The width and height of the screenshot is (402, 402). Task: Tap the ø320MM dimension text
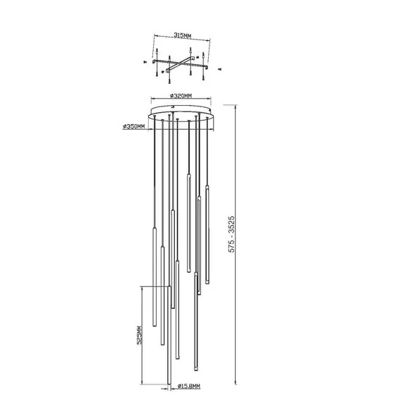pos(182,95)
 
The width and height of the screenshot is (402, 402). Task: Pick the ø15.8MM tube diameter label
pos(189,386)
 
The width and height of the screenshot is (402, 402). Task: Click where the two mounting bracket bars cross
pos(181,62)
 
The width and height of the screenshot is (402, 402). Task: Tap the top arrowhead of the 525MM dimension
pos(145,288)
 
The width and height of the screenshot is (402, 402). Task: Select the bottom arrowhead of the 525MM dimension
pos(145,387)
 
